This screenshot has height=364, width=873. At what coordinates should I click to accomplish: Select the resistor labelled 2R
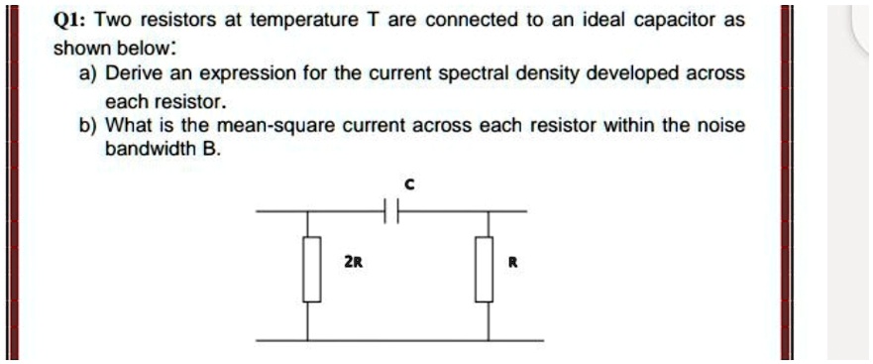click(x=312, y=269)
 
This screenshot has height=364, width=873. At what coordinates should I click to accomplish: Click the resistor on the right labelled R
click(x=484, y=269)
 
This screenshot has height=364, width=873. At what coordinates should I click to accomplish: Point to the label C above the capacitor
click(x=407, y=184)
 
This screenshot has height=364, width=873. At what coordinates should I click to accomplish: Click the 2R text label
click(x=352, y=263)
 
